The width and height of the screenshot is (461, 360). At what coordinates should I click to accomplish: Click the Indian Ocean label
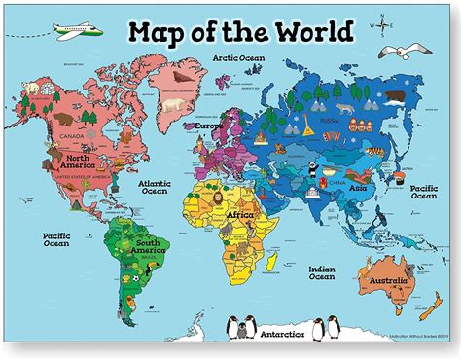(322, 274)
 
